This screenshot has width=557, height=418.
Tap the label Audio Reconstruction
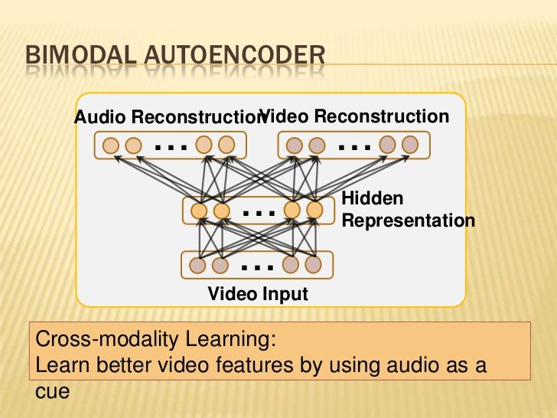(x=167, y=118)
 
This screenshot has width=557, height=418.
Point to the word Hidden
(x=372, y=198)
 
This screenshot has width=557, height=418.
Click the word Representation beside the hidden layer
(x=408, y=220)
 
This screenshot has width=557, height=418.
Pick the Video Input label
(x=258, y=294)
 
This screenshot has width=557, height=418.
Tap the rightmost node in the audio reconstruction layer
(x=226, y=144)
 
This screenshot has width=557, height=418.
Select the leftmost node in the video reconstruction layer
(x=295, y=145)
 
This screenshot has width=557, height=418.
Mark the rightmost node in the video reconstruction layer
(x=410, y=144)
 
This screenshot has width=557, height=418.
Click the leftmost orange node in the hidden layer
(x=199, y=210)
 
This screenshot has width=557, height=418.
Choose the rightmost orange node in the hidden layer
(x=314, y=210)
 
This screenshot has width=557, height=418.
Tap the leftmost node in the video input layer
(x=197, y=265)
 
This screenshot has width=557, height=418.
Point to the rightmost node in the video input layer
(x=312, y=264)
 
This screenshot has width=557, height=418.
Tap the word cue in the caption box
(x=53, y=390)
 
